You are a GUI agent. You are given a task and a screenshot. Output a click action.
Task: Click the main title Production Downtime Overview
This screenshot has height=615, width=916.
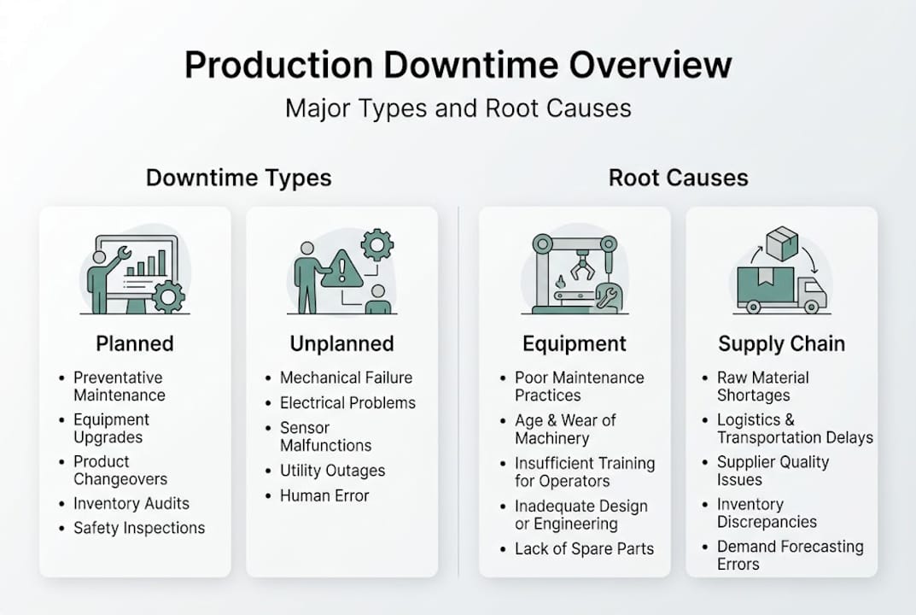[458, 67]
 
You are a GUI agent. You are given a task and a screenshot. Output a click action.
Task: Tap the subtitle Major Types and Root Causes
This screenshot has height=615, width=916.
[458, 108]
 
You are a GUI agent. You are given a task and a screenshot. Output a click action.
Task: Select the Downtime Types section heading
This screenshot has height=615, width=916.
[238, 178]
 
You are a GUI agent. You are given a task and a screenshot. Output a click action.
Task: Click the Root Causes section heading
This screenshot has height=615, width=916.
[678, 178]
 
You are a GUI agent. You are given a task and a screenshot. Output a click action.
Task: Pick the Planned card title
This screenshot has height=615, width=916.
[134, 343]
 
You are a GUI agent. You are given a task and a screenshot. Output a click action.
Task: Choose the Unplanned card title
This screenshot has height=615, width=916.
[341, 343]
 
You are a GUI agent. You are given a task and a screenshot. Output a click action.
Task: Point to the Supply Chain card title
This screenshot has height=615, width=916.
[781, 343]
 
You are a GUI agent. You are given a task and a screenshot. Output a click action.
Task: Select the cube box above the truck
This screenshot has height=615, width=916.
[781, 243]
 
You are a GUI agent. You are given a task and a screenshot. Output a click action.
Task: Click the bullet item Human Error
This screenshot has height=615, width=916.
[324, 495]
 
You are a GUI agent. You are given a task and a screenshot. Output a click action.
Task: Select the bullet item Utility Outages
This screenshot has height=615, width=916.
[332, 471]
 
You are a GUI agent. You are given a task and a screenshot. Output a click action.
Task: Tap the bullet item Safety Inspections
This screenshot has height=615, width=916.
[139, 528]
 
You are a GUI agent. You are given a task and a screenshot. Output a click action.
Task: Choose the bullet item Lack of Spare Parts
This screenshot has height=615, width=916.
[584, 549]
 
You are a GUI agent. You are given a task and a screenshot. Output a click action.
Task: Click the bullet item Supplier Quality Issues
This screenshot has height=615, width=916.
[773, 471]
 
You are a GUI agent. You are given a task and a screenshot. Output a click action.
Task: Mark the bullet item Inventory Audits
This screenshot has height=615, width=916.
[131, 503]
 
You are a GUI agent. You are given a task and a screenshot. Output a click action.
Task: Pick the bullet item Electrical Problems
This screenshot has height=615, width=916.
[347, 402]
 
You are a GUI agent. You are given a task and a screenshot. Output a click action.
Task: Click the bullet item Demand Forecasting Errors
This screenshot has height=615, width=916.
[790, 555]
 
